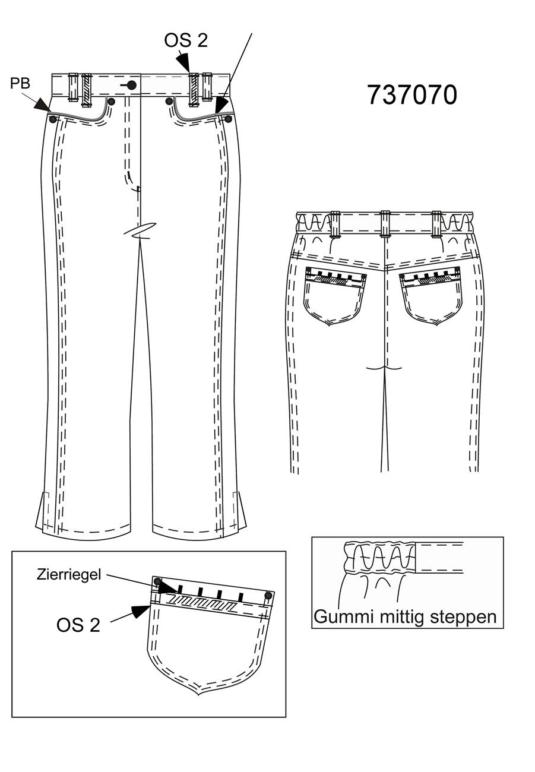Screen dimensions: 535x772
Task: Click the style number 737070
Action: click(x=412, y=95)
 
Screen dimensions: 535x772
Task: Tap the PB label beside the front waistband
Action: click(x=20, y=83)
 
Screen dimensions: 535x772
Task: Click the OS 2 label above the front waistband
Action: click(x=186, y=40)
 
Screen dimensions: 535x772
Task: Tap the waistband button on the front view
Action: click(x=131, y=85)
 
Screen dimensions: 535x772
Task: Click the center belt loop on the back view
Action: click(x=385, y=224)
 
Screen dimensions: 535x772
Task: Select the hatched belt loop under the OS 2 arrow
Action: click(x=194, y=89)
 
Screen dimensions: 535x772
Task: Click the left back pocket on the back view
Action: click(x=334, y=296)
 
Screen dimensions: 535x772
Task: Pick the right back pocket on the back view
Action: click(x=431, y=296)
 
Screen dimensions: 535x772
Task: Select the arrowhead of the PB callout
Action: click(x=43, y=105)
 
